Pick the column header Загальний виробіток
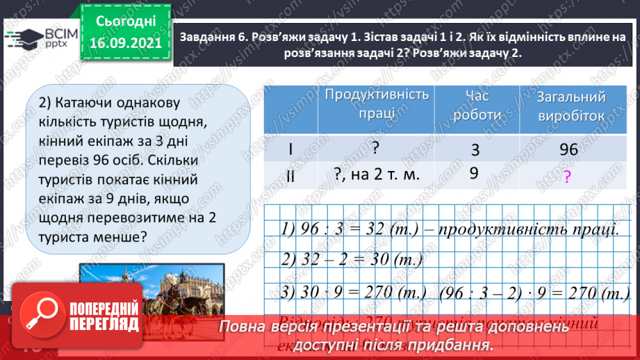[x=571, y=106]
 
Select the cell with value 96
[x=568, y=149]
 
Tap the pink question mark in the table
[x=567, y=177]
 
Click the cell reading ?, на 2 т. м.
[x=377, y=175]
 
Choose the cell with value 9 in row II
[x=474, y=174]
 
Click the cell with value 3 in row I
[x=475, y=149]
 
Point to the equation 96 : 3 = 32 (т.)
[x=347, y=228]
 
